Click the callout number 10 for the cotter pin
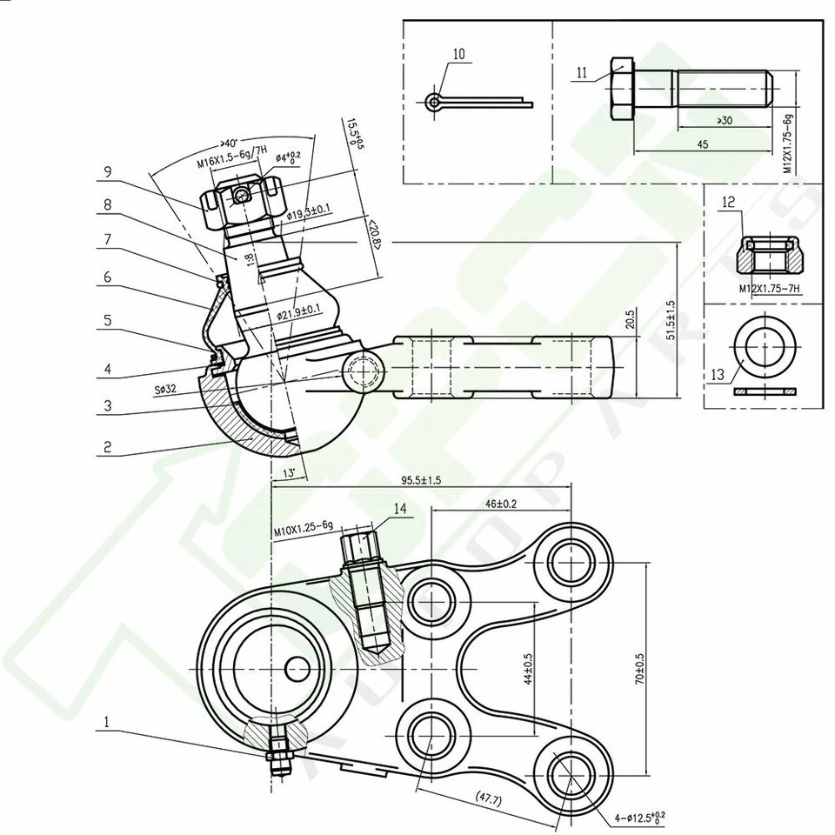tap(458, 54)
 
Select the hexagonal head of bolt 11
tap(623, 89)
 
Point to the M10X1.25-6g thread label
tap(304, 524)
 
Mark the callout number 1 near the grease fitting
tap(106, 721)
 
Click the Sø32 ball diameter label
tap(165, 390)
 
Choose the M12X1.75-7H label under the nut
tap(768, 288)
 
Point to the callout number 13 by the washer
tap(717, 374)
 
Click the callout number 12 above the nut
tap(729, 202)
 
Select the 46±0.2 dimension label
tap(501, 503)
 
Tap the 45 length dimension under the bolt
tap(701, 144)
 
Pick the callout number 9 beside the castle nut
tap(106, 172)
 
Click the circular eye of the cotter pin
tap(434, 103)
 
